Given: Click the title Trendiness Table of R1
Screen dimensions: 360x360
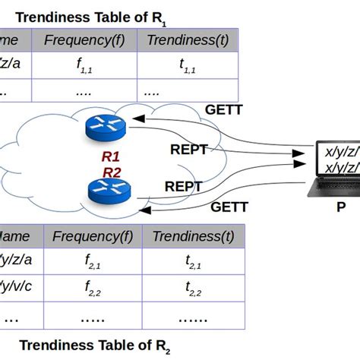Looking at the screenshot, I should click(x=91, y=16).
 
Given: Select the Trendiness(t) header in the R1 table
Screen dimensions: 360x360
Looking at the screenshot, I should click(x=187, y=41).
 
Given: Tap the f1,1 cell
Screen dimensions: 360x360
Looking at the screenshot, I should click(x=85, y=66).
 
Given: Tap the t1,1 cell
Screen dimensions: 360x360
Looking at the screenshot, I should click(x=187, y=66).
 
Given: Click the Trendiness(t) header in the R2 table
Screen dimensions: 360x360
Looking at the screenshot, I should click(x=193, y=236).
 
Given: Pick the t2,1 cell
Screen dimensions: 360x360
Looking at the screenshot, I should click(x=193, y=263).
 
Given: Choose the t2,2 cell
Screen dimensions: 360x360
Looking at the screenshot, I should click(x=193, y=289).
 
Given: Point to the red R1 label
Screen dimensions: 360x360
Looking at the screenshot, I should click(x=111, y=158).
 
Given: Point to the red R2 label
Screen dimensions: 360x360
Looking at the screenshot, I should click(x=111, y=172).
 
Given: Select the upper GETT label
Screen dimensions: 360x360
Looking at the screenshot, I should click(x=223, y=109).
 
